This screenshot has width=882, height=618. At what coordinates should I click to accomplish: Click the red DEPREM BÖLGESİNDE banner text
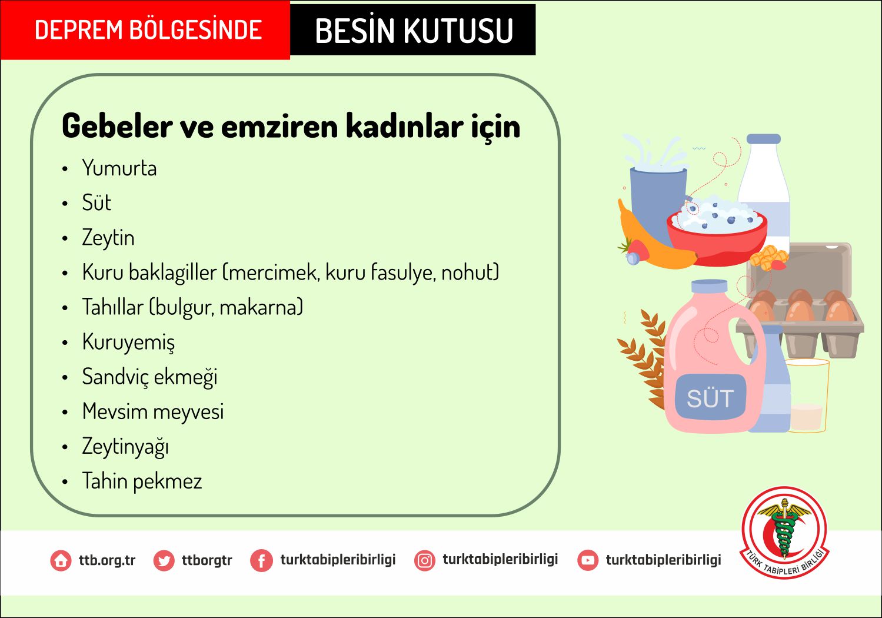[148, 29]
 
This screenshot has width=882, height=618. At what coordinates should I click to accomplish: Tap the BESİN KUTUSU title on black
[414, 31]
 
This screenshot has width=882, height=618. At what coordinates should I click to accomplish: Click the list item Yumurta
[119, 168]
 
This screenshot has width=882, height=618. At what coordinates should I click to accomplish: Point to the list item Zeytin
[108, 238]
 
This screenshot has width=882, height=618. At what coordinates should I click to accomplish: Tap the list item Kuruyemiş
[128, 342]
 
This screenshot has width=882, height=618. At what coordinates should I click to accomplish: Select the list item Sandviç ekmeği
[149, 377]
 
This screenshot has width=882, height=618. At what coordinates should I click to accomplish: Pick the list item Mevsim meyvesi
[153, 412]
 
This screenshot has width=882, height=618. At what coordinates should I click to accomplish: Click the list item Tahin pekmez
[142, 481]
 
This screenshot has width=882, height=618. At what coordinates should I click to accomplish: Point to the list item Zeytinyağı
[125, 447]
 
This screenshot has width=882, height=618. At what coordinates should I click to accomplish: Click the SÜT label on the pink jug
[710, 398]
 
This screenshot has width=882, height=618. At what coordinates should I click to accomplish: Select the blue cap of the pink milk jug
[709, 286]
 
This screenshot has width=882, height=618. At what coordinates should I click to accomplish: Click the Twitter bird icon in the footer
[164, 560]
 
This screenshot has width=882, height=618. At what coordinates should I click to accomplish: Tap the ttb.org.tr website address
[106, 560]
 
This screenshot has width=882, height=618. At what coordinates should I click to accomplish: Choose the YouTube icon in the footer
[588, 560]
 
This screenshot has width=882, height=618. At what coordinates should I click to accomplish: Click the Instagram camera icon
[425, 560]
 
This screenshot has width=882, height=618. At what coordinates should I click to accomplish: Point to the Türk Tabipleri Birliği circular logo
[784, 533]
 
